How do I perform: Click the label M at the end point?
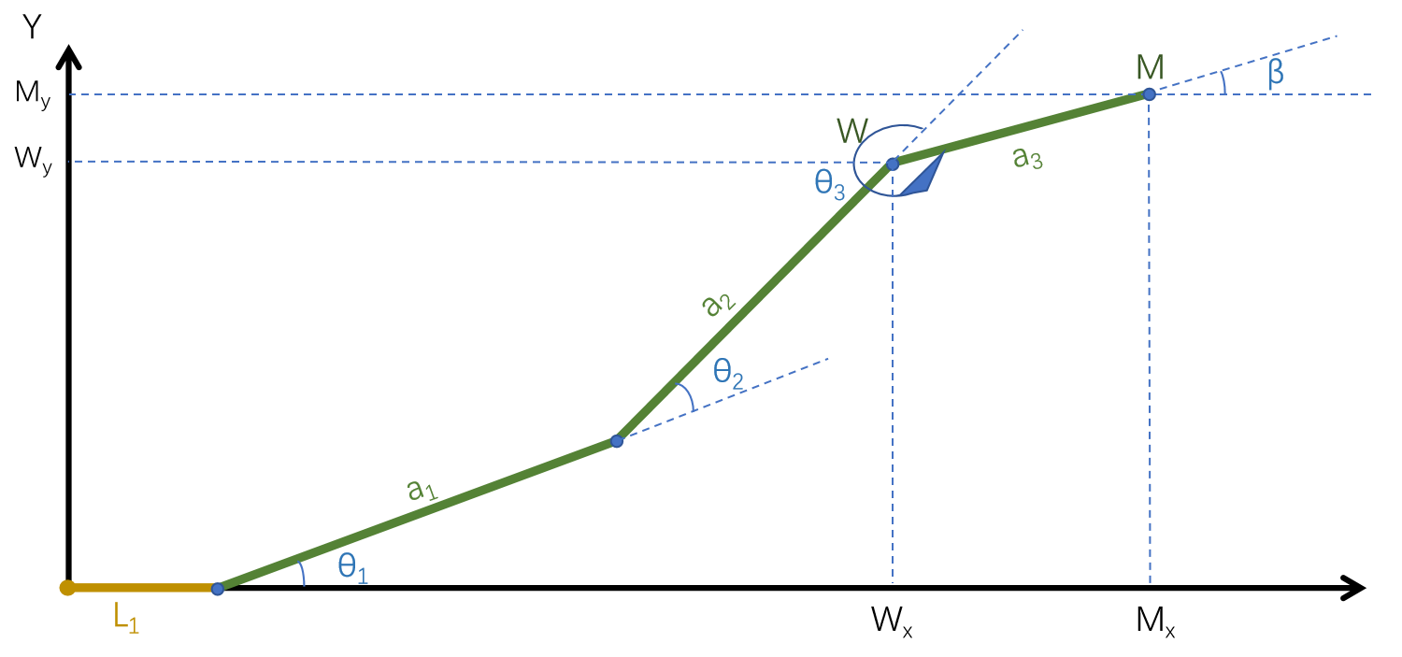tap(1150, 67)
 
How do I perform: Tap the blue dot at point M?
tap(1150, 94)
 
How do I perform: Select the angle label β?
tap(1276, 74)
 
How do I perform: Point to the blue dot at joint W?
tap(892, 164)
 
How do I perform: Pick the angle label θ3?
tap(830, 184)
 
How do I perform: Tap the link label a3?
tap(1027, 159)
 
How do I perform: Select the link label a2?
tap(720, 303)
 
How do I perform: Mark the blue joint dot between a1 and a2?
tap(617, 441)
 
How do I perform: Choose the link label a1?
tap(422, 489)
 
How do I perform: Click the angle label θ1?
tap(353, 568)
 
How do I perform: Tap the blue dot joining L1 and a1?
tap(218, 589)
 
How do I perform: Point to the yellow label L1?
tap(126, 620)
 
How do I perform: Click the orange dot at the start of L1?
tap(67, 588)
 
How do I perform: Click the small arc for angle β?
tap(1224, 83)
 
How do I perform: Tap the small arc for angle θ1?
tap(302, 573)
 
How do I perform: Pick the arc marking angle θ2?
tap(688, 396)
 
